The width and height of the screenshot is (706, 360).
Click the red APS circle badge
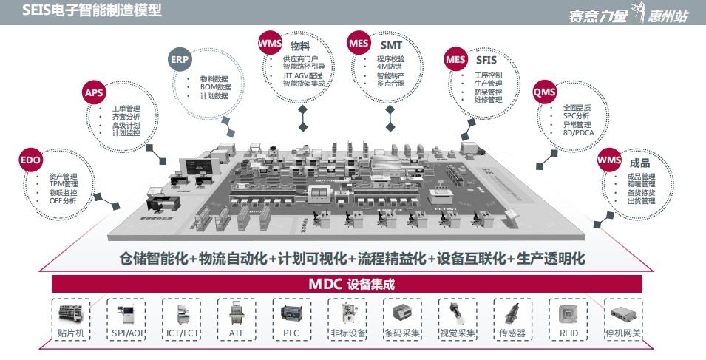[x=94, y=92]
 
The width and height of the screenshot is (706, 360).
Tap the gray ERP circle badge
[x=180, y=58]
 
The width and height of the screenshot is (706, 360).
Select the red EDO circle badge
[x=30, y=160]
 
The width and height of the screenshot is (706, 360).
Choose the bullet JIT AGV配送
[x=302, y=75]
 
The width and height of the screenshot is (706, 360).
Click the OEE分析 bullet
[x=63, y=201]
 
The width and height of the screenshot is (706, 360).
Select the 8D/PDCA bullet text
[x=577, y=133]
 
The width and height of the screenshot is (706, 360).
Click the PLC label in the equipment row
[x=291, y=333]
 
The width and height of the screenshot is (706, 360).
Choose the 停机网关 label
[x=622, y=333]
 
